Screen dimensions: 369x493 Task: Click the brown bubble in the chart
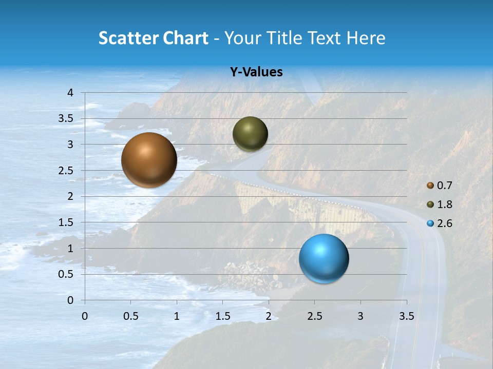pos(149,160)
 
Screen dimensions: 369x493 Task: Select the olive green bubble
pos(250,134)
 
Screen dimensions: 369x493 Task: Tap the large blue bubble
pos(324,258)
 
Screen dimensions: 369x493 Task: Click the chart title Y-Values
pos(256,72)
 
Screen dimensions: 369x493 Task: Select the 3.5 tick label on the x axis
pos(406,316)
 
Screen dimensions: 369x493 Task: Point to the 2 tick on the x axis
pos(269,316)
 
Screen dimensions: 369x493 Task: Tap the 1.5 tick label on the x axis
pos(222,316)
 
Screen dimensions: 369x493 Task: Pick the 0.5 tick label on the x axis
pos(130,316)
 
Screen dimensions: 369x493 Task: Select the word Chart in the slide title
pos(185,38)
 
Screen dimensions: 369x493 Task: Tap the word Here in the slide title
pos(366,38)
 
